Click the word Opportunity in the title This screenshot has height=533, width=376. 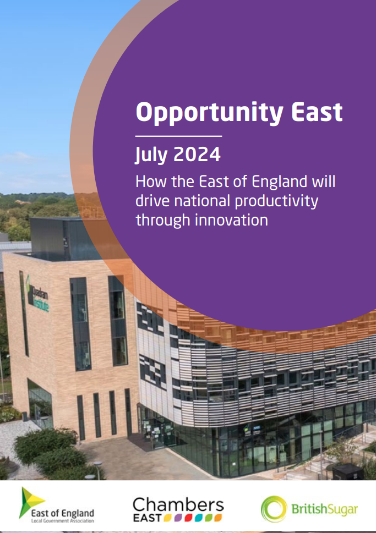210,113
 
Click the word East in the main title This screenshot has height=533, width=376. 317,112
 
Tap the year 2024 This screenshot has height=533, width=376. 197,155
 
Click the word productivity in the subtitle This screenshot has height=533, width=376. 276,201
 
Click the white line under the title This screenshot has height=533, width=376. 179,136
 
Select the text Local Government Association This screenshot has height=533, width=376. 63,521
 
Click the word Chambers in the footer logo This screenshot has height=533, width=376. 178,505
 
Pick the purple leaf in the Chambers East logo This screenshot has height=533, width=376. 178,518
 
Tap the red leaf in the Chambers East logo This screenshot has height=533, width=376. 188,518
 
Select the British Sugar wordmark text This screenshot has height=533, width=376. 325,509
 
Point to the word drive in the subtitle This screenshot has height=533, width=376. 152,201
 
